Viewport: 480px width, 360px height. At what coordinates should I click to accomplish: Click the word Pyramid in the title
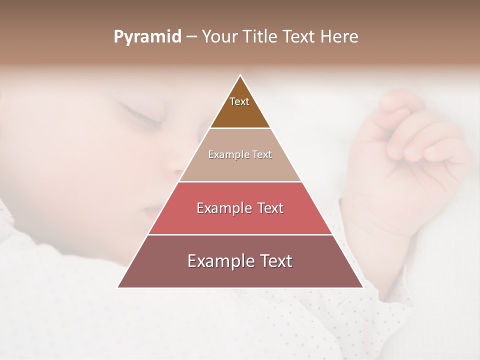click(147, 37)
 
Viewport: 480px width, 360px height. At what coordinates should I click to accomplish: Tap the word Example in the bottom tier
click(218, 261)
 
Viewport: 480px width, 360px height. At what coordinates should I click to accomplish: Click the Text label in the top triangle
click(239, 101)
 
